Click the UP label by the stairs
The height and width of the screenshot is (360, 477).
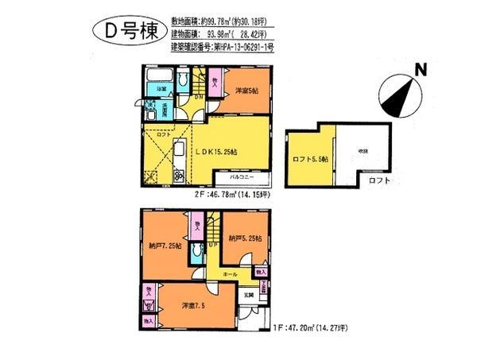[x=211, y=245]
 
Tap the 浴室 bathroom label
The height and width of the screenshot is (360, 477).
[x=160, y=89]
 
